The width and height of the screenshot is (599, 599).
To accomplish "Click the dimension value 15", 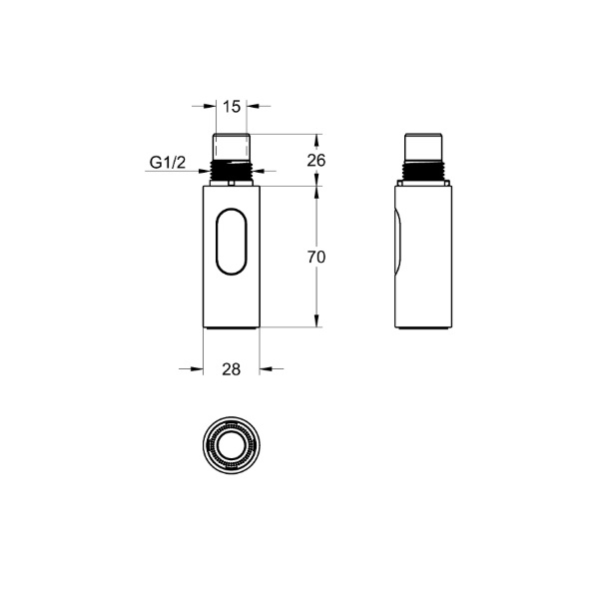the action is click(x=232, y=107).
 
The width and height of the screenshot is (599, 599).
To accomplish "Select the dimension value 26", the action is click(x=316, y=161).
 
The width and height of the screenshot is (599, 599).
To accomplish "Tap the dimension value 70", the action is click(x=316, y=258).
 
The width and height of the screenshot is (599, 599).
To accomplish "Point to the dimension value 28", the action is click(x=232, y=369).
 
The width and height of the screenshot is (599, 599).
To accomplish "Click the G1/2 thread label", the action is click(x=168, y=163).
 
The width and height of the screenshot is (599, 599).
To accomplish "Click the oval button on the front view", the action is click(x=232, y=242).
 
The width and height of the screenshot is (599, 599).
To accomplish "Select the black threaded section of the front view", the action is click(x=232, y=171).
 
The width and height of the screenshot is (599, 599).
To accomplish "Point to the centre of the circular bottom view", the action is click(x=232, y=445).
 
